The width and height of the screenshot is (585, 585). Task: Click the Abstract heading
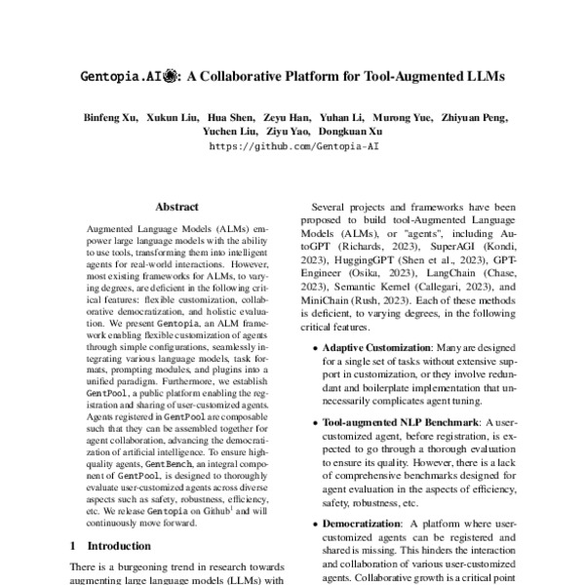(x=176, y=208)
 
